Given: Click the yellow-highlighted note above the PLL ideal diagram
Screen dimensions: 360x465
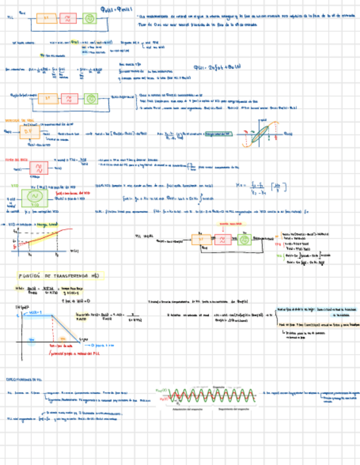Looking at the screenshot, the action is point(223,224).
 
